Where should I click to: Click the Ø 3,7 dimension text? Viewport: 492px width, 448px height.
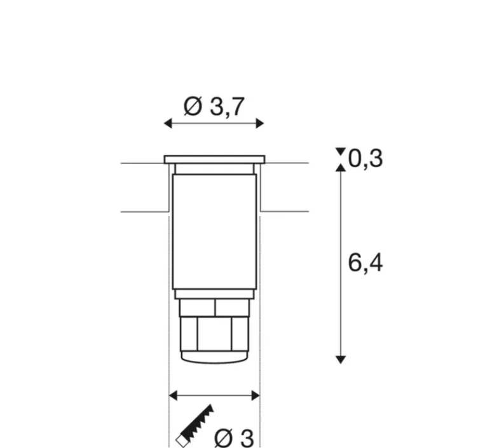(x=214, y=107)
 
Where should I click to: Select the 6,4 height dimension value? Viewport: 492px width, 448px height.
(x=366, y=262)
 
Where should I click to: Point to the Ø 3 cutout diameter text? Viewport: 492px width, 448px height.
(x=234, y=438)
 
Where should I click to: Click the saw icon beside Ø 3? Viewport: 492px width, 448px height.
(x=195, y=425)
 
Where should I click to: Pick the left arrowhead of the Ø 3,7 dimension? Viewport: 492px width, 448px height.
(x=168, y=123)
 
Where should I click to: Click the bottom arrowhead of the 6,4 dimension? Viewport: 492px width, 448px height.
(x=341, y=359)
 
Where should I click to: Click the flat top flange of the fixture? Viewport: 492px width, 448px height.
(x=214, y=159)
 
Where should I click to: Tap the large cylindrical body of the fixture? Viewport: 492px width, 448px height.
(x=214, y=232)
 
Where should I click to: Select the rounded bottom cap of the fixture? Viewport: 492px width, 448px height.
(x=214, y=357)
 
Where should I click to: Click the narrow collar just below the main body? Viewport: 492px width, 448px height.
(x=214, y=294)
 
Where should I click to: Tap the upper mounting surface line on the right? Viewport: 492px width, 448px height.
(x=286, y=163)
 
